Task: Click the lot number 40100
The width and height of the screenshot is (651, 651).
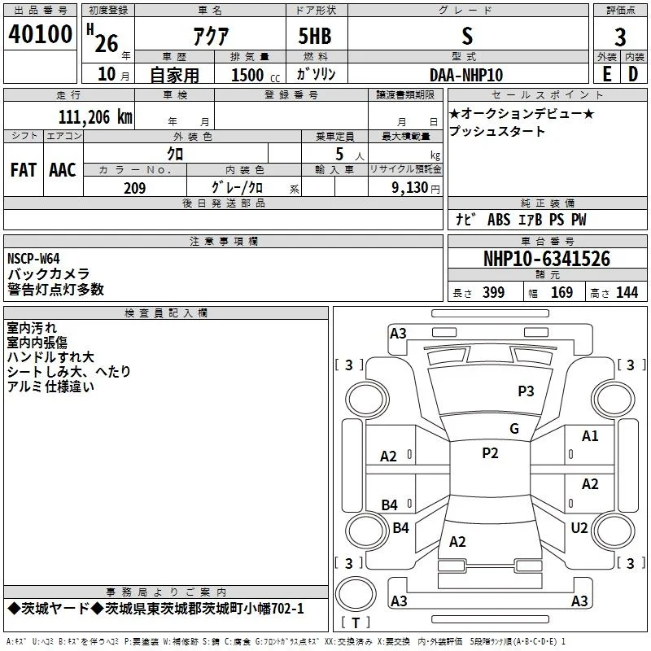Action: (40, 34)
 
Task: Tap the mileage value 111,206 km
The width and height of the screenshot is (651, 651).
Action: (95, 117)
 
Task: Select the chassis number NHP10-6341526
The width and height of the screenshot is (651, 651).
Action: (547, 259)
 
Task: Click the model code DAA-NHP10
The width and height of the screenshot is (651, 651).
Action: (466, 75)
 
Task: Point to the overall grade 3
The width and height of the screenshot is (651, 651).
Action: (620, 37)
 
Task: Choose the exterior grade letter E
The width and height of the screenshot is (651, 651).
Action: (607, 74)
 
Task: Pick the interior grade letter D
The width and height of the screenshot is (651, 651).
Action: (633, 74)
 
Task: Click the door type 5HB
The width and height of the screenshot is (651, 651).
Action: (315, 36)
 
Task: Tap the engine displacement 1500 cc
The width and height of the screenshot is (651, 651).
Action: (256, 75)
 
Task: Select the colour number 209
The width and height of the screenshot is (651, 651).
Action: (135, 188)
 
